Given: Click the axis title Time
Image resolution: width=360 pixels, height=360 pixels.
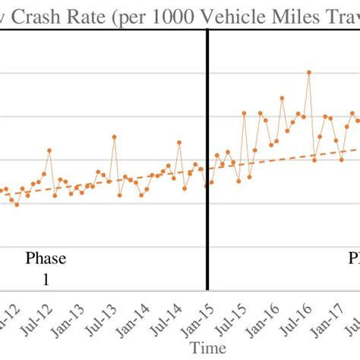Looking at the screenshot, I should (x=207, y=348).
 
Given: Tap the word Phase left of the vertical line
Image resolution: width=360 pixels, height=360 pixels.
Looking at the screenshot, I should (x=46, y=258).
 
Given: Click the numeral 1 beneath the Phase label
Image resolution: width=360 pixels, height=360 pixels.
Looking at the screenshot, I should (x=46, y=279).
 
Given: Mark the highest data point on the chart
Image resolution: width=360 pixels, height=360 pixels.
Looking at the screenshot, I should (x=309, y=72).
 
